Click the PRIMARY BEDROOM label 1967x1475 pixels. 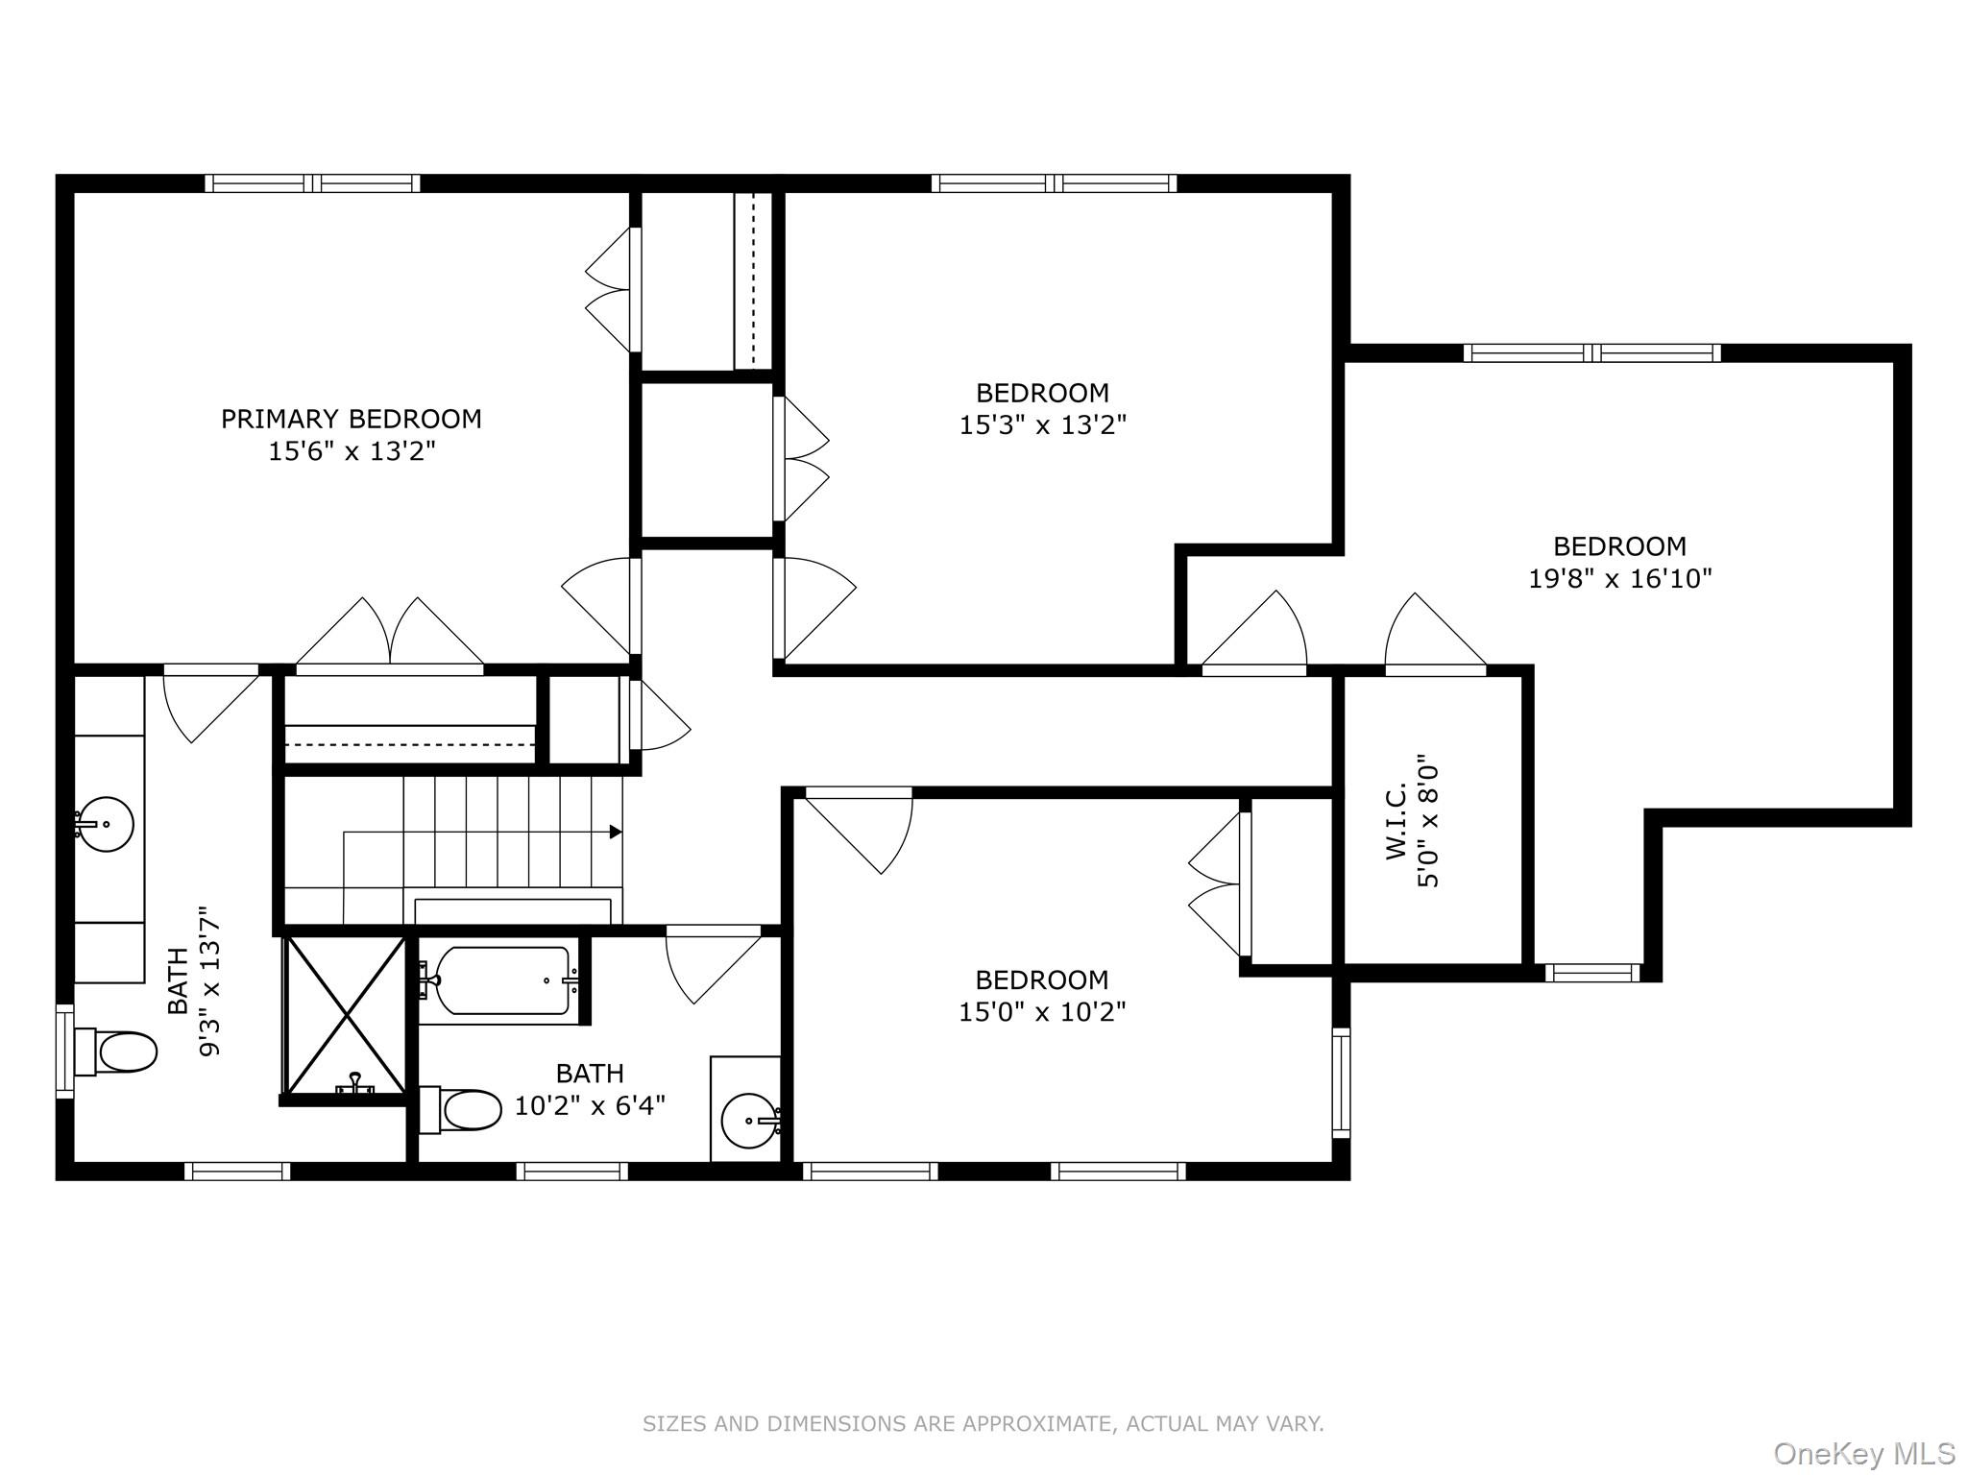[x=351, y=419]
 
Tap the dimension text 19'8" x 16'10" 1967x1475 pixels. [x=1619, y=579]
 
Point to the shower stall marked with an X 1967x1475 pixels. [x=347, y=1015]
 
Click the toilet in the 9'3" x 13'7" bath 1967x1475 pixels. [x=119, y=1052]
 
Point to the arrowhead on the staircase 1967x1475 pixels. [x=616, y=832]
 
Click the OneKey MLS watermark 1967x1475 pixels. [x=1863, y=1454]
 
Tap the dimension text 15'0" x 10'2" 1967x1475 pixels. [x=1042, y=1011]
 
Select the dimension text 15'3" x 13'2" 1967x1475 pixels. [x=1042, y=424]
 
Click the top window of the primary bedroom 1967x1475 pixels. [x=312, y=183]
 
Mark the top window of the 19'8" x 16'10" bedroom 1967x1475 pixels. [x=1591, y=353]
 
